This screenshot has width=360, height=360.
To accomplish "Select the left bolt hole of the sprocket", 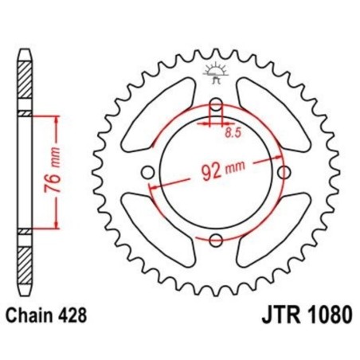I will (147, 173).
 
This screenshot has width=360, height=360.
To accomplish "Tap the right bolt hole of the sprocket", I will (283, 173).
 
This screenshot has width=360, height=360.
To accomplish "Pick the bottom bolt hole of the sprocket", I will (215, 240).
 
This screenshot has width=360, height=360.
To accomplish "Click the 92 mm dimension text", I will (218, 168).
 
